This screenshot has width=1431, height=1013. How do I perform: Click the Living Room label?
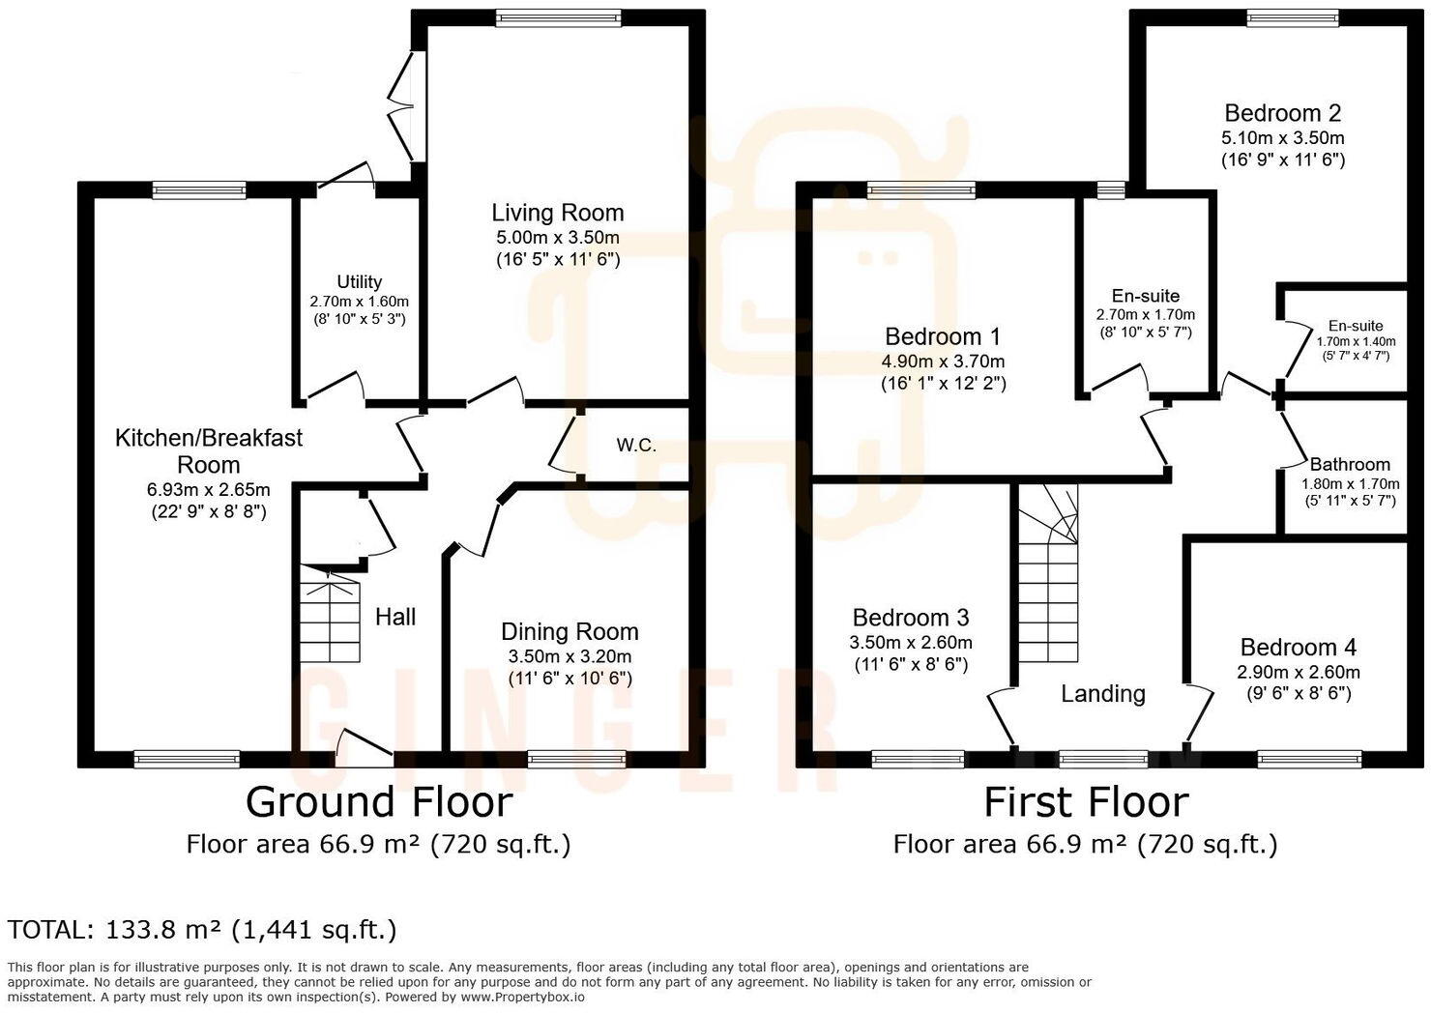point(557,213)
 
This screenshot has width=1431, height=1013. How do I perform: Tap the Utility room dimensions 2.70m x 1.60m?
point(359,301)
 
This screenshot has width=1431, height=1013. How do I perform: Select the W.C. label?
point(636,446)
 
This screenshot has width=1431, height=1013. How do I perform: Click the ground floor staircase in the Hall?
point(329,616)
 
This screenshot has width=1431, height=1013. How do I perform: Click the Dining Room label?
point(569,631)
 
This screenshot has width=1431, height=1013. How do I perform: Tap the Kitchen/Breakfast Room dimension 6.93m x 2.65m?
point(208,489)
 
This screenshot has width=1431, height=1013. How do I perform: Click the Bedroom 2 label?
point(1282,113)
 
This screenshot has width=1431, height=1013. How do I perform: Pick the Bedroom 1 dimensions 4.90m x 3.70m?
point(943,362)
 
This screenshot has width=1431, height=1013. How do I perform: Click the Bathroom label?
point(1350,464)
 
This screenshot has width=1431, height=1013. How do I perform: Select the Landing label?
point(1102,693)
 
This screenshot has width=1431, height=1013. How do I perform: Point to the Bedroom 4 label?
point(1298,648)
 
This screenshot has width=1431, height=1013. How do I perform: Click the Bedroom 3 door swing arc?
point(1000,717)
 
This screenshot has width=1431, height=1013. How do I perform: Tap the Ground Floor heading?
point(378,802)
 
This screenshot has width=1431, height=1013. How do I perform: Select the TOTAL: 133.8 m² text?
point(202,930)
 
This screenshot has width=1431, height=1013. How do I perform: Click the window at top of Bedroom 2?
point(1278,17)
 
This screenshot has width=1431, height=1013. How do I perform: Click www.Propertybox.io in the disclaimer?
point(522,997)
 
